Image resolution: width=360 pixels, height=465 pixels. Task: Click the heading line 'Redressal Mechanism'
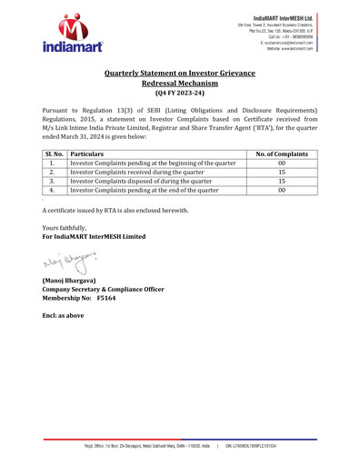click(180, 82)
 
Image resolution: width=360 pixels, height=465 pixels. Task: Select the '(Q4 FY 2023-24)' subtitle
click(180, 94)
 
